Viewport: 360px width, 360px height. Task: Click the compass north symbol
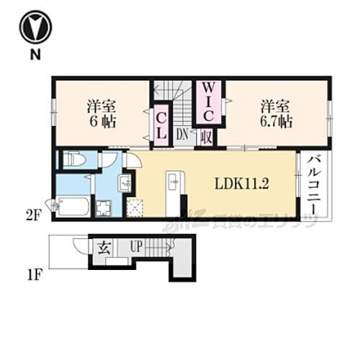tap(34, 27)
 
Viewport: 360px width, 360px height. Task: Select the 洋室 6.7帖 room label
tap(276, 112)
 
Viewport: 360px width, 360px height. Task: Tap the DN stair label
tap(183, 134)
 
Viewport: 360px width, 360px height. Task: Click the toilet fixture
tap(74, 160)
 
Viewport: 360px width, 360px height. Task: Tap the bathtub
tap(72, 207)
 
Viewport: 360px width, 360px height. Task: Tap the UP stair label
tap(137, 247)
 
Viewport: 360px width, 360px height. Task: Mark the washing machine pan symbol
tap(102, 207)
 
